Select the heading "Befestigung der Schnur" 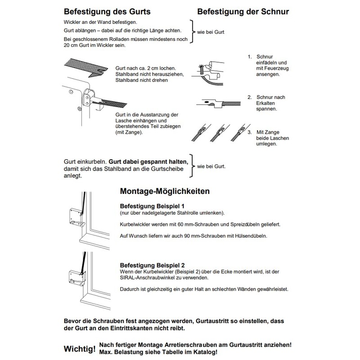pos(243,10)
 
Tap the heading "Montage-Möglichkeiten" pos(165,191)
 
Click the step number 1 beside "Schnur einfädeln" pos(249,57)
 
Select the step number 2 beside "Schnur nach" pos(249,97)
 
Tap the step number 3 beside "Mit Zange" pos(249,132)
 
